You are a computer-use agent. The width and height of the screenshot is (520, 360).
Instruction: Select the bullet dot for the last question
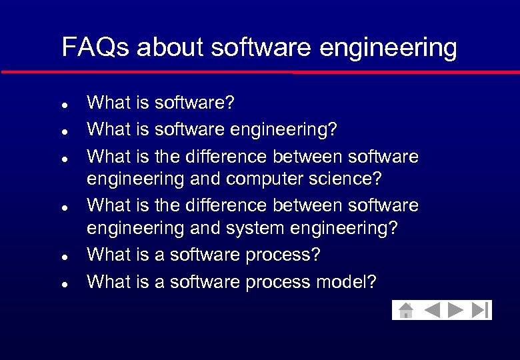pos(62,284)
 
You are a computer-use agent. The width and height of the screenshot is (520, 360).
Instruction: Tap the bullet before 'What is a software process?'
pos(62,257)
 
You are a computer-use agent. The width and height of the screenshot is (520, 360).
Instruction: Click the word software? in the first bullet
pos(195,103)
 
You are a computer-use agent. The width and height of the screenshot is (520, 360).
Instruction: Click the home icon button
pos(405,310)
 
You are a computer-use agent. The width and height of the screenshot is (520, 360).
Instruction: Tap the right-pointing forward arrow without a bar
pos(456,310)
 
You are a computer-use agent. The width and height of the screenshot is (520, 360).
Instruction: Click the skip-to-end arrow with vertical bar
pos(480,310)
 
